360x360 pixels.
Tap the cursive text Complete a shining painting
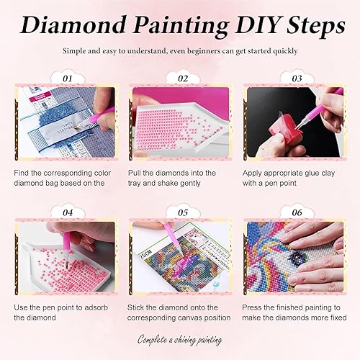179,338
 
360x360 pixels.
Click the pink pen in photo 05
175,238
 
